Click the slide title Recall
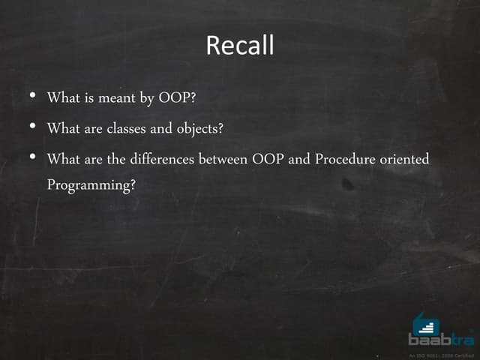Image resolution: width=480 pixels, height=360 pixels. coord(240,46)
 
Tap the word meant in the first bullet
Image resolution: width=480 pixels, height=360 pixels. coord(117,98)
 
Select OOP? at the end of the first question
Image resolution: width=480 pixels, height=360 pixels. coord(178,98)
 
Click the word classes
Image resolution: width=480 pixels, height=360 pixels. coord(126,129)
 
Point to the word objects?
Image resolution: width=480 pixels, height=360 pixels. coord(200,129)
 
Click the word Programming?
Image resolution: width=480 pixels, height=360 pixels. coord(91,184)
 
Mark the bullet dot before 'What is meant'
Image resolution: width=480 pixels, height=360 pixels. coord(32,97)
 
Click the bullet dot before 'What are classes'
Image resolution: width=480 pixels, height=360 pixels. coord(32,127)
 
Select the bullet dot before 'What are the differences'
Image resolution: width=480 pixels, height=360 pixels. coord(32,157)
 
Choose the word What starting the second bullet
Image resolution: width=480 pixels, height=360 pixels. coord(63,129)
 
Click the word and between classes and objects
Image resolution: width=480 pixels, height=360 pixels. coord(161,129)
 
